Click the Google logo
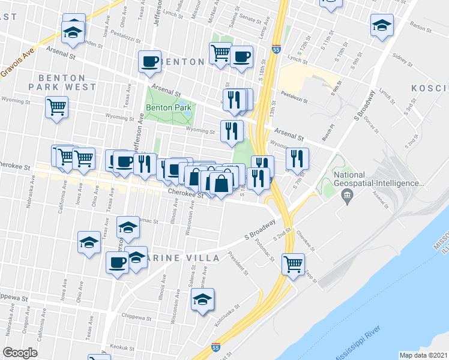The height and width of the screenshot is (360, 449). [20, 353]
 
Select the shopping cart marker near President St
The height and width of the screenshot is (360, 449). [293, 263]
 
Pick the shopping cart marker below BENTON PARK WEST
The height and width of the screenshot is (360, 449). [57, 108]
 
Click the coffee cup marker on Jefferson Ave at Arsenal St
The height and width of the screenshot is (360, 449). [149, 61]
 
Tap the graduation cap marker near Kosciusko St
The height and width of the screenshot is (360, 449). [203, 299]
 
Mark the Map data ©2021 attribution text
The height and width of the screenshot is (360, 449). [423, 355]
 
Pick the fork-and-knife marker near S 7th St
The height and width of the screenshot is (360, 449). [297, 158]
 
